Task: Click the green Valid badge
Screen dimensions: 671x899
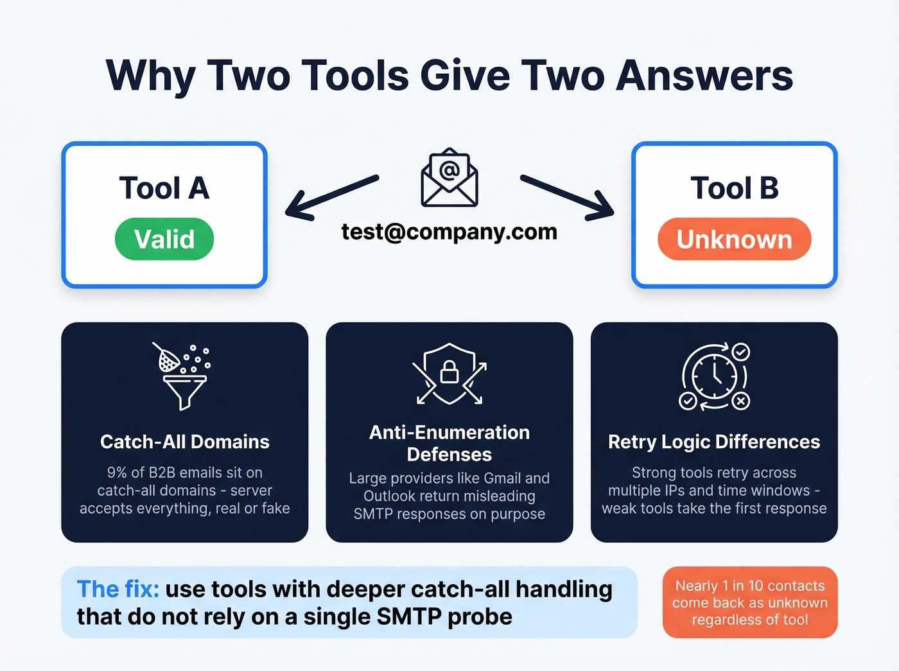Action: [x=164, y=239]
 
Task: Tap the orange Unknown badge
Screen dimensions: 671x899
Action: [x=734, y=239]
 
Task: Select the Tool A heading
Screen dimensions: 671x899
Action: [x=164, y=188]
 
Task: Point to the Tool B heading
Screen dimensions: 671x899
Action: [x=734, y=188]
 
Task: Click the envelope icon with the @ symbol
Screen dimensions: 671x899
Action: [x=449, y=178]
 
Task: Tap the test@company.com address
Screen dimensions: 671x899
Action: [x=449, y=231]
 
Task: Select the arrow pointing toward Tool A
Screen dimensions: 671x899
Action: [x=331, y=196]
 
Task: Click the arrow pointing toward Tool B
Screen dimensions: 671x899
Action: [x=567, y=196]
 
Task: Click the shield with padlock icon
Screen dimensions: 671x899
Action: [x=449, y=374]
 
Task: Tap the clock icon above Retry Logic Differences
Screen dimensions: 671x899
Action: [x=714, y=376]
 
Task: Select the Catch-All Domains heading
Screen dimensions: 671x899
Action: [x=184, y=442]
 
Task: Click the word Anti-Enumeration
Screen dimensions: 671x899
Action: [x=449, y=432]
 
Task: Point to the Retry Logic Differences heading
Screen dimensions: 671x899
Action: [x=714, y=442]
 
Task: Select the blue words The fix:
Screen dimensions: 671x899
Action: [x=118, y=589]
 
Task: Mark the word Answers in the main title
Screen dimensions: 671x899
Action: [x=704, y=75]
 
